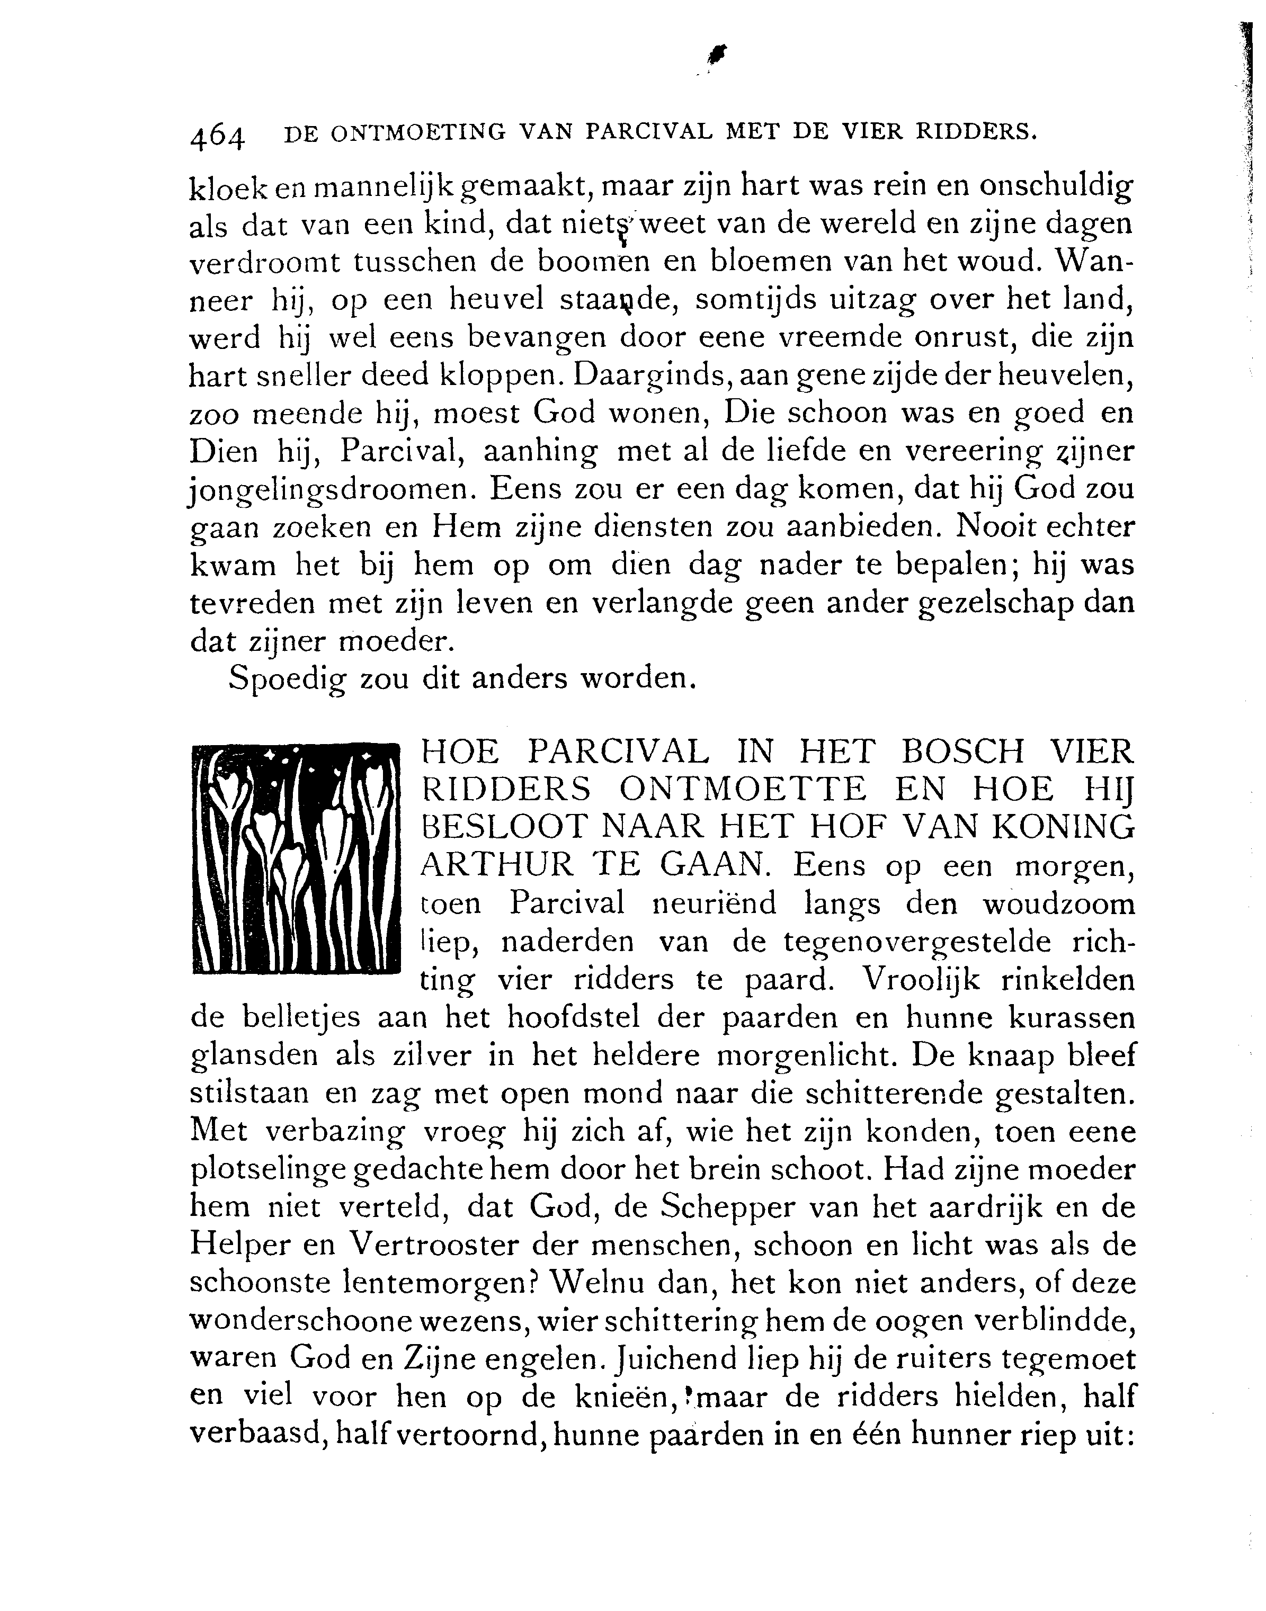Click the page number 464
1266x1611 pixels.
point(217,138)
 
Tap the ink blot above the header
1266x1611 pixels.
point(718,54)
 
